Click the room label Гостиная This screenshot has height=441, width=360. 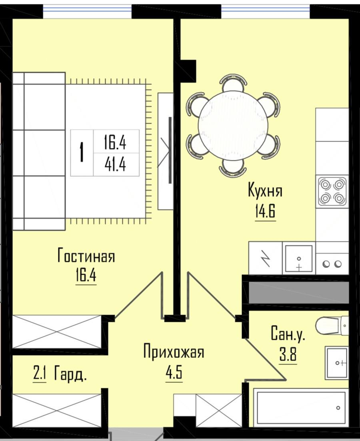pos(86,255)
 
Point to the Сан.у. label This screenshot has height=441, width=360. pos(288,333)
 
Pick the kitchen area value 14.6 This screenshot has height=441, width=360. pos(265,212)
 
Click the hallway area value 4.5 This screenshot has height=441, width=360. pos(174,372)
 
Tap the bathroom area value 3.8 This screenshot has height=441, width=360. pos(288,354)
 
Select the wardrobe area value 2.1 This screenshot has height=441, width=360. pos(40,373)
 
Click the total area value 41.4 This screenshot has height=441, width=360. pos(116,164)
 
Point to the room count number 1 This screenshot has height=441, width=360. pos(82,152)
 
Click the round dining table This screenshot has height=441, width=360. pos(233,126)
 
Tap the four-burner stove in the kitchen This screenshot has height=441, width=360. pos(332,191)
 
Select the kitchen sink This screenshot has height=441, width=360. pos(299,258)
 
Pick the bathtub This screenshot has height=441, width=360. pos(301,407)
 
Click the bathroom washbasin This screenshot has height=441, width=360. pos(337,363)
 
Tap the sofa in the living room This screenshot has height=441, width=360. pos(39,151)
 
